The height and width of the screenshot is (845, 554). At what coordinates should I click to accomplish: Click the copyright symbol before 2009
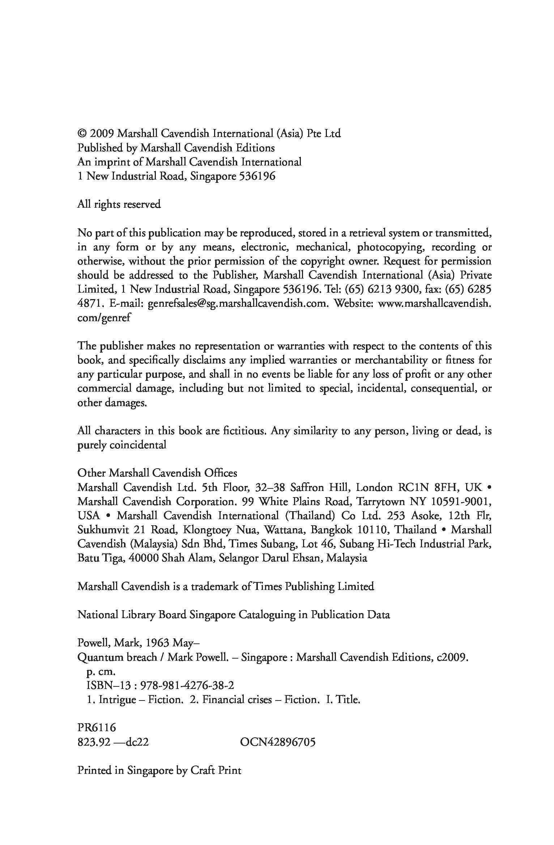[x=82, y=134]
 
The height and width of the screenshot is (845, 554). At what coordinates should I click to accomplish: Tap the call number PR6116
[x=97, y=728]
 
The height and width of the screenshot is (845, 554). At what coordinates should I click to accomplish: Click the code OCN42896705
[x=277, y=742]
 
